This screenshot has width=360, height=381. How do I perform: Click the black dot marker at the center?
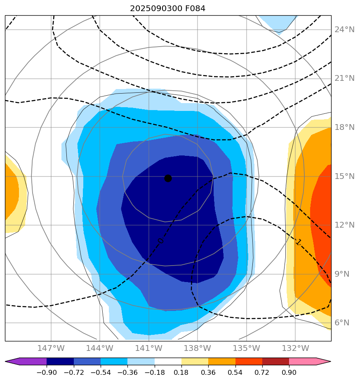pyautogui.click(x=168, y=178)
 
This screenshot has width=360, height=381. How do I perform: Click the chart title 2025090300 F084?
pyautogui.click(x=167, y=8)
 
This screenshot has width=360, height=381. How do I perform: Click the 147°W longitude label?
pyautogui.click(x=51, y=348)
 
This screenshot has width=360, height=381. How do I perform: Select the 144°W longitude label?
pyautogui.click(x=100, y=348)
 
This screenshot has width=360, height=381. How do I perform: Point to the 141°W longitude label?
pyautogui.click(x=148, y=348)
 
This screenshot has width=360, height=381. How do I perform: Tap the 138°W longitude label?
pyautogui.click(x=198, y=348)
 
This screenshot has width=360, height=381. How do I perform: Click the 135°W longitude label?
pyautogui.click(x=246, y=348)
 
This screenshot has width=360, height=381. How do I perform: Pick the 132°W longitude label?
pyautogui.click(x=295, y=348)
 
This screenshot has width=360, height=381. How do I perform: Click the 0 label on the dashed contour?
pyautogui.click(x=160, y=240)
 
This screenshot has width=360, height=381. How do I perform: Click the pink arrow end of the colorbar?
pyautogui.click(x=324, y=362)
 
